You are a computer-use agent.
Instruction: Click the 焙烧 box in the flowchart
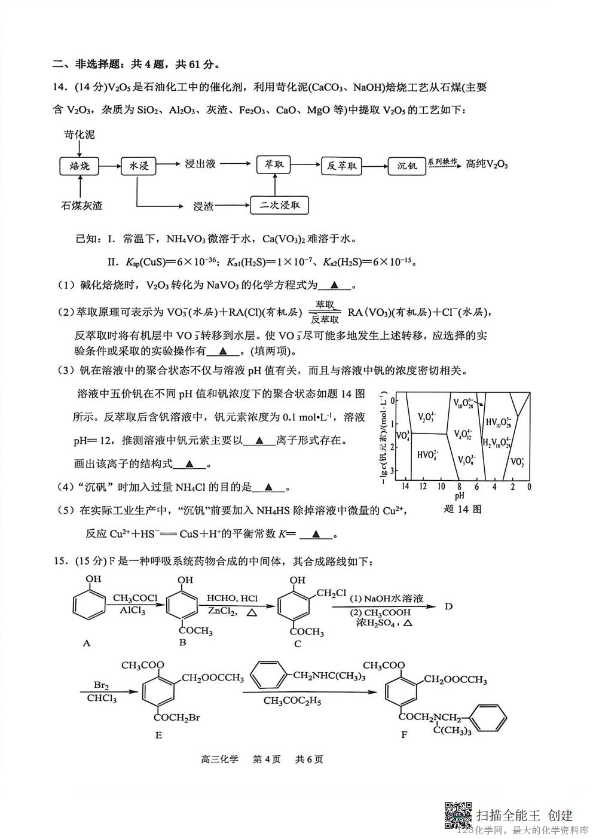click(80, 166)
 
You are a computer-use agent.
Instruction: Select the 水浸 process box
click(139, 166)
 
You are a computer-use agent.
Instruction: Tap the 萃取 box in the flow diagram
click(274, 164)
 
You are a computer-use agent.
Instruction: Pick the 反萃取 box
click(342, 166)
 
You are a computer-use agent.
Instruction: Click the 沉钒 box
click(407, 166)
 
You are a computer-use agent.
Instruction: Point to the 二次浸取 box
click(280, 206)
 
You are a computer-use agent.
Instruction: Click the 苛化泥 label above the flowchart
click(80, 135)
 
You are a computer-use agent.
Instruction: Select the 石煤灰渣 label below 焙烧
click(81, 206)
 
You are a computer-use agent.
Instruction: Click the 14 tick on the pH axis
click(405, 487)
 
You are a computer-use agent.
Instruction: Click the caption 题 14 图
click(463, 509)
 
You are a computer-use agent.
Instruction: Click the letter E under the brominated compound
click(158, 735)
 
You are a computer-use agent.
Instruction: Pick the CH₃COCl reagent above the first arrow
click(135, 598)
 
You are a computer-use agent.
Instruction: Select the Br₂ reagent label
click(101, 685)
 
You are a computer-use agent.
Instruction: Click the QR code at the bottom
click(458, 814)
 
